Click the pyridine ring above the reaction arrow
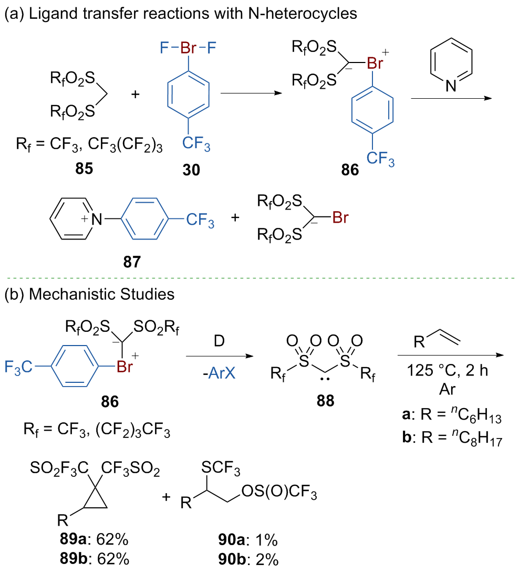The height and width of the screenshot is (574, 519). point(451,66)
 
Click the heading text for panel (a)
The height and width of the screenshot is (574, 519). point(181,14)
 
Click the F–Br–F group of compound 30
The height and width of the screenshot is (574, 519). point(188,49)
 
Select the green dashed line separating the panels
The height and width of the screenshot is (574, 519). point(259,277)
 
